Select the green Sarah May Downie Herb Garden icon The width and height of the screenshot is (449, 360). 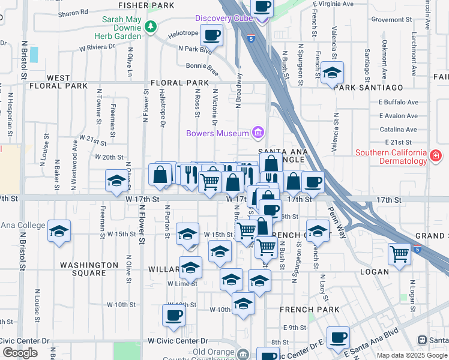click(x=151, y=26)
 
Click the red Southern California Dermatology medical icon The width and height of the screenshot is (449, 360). click(x=436, y=157)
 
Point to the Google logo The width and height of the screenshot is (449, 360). click(x=20, y=353)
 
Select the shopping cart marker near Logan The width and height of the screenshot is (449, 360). click(x=399, y=254)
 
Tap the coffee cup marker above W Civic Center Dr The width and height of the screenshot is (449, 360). click(x=174, y=315)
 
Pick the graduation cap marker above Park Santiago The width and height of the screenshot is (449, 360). click(x=332, y=73)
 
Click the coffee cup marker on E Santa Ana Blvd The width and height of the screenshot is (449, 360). click(x=338, y=337)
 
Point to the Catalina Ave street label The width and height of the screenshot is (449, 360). click(x=398, y=129)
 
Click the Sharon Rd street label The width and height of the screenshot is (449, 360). click(x=74, y=11)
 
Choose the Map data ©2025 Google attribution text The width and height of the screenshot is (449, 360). click(x=411, y=355)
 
